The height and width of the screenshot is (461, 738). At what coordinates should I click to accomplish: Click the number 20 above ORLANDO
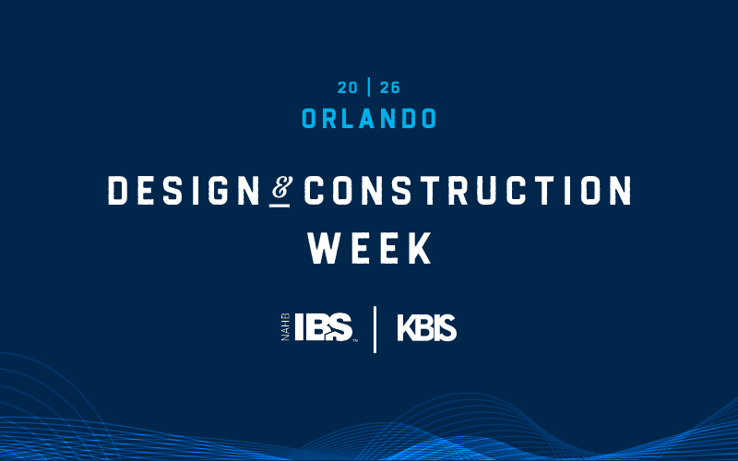tap(348, 89)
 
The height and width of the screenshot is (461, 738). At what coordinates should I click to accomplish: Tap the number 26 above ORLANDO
tap(391, 89)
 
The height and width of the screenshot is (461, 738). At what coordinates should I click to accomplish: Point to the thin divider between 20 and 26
tap(370, 89)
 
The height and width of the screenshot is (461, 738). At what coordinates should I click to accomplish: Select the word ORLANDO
tap(369, 119)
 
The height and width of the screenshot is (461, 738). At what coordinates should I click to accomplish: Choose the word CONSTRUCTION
tap(468, 191)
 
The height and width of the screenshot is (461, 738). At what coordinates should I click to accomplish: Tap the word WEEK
tap(369, 247)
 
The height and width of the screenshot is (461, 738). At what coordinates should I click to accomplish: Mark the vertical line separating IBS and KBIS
tap(375, 329)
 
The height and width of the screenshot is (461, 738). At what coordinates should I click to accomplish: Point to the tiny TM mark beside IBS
tap(355, 340)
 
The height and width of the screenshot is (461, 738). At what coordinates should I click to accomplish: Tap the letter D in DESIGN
tap(117, 191)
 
